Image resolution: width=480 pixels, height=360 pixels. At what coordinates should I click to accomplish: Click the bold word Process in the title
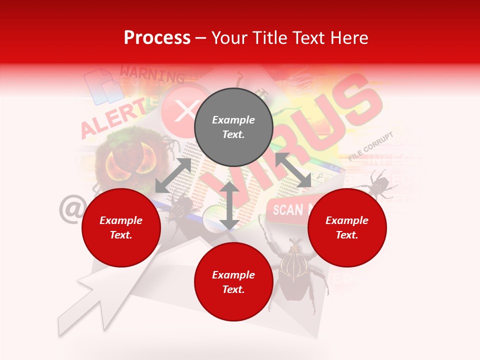[157, 38]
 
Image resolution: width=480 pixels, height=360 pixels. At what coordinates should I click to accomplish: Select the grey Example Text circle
[233, 127]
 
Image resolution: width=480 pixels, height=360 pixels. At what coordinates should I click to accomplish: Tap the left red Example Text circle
[121, 228]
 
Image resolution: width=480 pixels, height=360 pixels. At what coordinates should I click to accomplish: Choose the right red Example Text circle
[347, 228]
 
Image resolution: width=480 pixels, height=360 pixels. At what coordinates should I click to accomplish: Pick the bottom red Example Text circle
[233, 282]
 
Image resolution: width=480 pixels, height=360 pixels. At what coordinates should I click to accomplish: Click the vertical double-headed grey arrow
[229, 205]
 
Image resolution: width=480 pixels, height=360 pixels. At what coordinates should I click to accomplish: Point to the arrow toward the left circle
[173, 175]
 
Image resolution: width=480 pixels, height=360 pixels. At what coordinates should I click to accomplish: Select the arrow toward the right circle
[292, 170]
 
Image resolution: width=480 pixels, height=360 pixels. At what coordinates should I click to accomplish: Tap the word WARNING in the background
[152, 74]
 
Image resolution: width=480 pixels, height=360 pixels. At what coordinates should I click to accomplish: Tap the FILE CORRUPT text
[371, 146]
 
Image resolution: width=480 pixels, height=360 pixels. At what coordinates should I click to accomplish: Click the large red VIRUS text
[310, 130]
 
